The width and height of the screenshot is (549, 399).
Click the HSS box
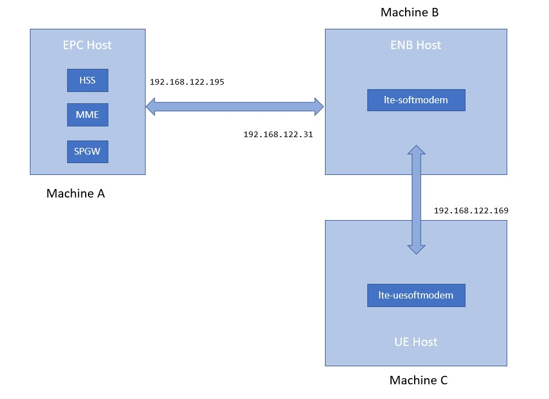coord(87,80)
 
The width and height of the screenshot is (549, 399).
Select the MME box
coord(87,115)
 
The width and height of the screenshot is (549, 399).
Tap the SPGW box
coord(87,151)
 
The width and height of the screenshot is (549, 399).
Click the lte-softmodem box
coord(416,100)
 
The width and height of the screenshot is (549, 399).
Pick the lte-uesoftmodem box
coord(416,295)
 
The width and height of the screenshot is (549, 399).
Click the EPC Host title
coord(87,45)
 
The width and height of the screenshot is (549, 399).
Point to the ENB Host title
coord(416,45)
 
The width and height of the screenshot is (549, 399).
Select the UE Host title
coord(416,341)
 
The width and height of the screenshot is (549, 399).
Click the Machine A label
coord(76,194)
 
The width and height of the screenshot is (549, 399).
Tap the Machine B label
coord(410,12)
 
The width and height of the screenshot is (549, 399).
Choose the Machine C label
coord(418,380)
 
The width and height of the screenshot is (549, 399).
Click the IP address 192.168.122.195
coord(187,82)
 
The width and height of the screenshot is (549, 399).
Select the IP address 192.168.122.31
coord(278,135)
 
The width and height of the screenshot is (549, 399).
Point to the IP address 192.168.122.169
coord(471,211)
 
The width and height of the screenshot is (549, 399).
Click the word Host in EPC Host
coord(99,45)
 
